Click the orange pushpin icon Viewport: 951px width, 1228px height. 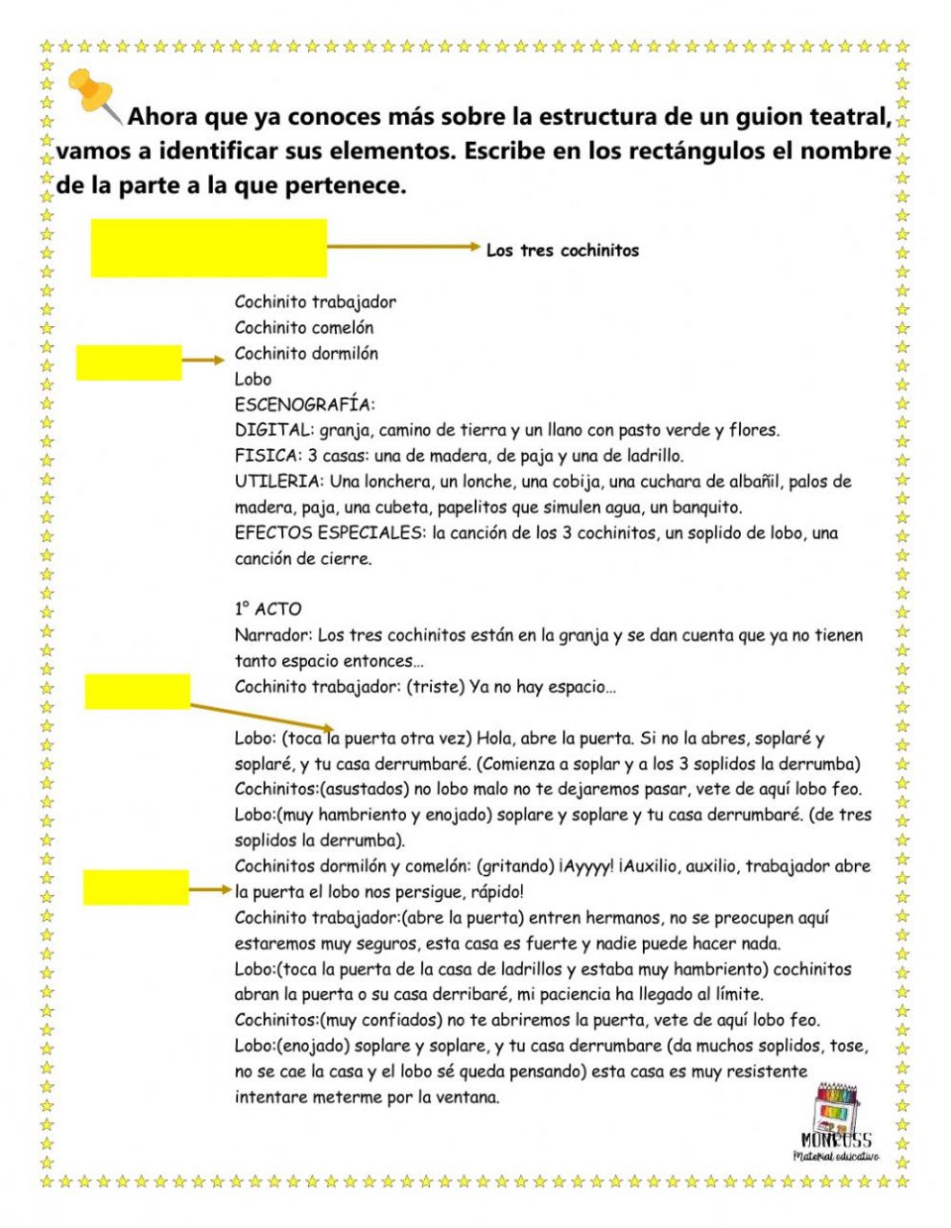point(93,94)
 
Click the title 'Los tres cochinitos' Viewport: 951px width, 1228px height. point(562,250)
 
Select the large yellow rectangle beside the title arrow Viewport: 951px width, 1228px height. point(208,248)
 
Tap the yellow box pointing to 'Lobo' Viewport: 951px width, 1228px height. point(129,363)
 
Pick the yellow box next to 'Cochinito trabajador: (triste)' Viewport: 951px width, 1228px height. point(137,691)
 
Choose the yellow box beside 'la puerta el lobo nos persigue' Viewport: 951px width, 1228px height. point(135,887)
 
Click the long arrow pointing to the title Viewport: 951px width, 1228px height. point(403,247)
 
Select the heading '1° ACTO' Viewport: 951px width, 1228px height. point(268,609)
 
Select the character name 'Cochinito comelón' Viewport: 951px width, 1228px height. point(304,327)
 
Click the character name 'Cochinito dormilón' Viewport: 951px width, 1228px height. point(306,353)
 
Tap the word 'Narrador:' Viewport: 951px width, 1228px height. point(273,635)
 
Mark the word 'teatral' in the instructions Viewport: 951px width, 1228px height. point(849,117)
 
